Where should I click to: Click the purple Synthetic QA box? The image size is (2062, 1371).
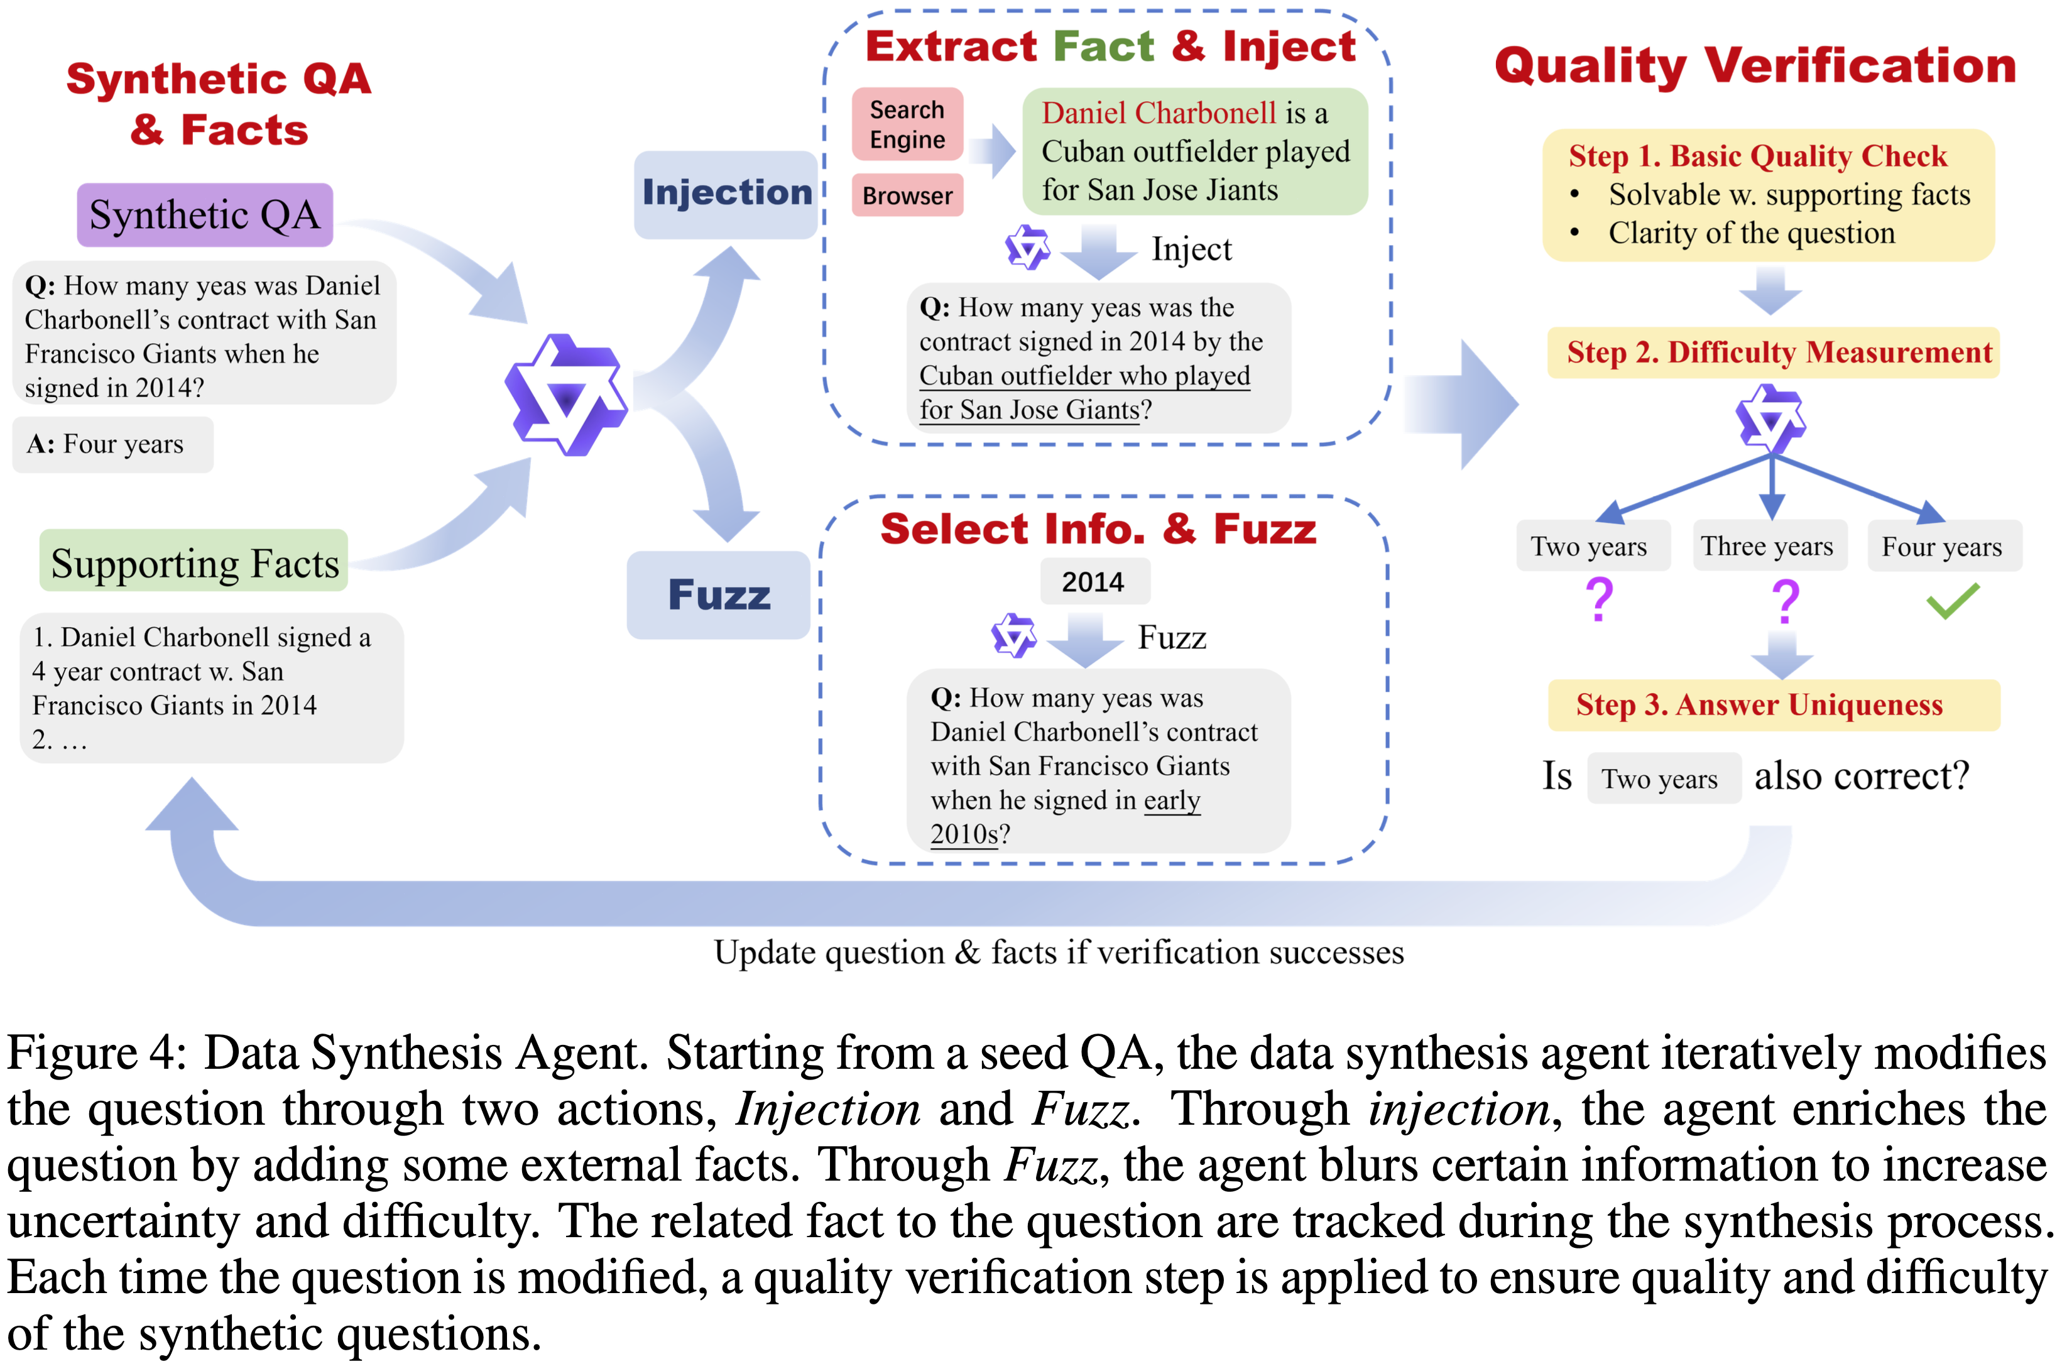point(205,215)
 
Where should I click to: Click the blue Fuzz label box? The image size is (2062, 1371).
point(719,594)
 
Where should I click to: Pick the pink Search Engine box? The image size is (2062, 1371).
point(907,124)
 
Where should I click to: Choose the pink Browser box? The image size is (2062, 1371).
point(907,195)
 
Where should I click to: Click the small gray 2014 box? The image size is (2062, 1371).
point(1093,581)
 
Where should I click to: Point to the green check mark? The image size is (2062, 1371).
point(1952,601)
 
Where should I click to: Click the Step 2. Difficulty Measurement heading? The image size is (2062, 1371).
point(1778,352)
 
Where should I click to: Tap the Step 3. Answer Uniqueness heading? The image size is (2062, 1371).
point(1760,705)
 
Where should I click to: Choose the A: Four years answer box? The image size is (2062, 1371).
point(112,444)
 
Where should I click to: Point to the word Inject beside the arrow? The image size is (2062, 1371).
point(1191,250)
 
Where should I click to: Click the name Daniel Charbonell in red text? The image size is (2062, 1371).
point(1159,113)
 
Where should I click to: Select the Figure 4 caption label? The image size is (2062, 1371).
point(96,1052)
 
